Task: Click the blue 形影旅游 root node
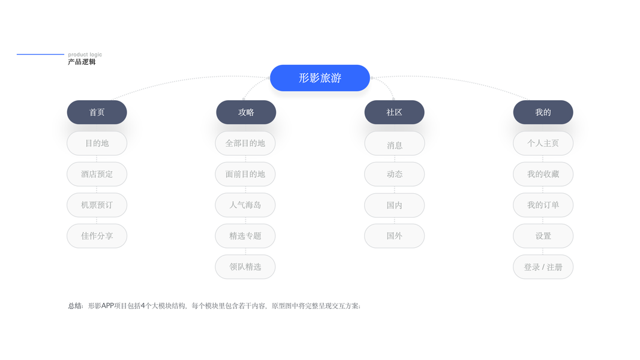[320, 78]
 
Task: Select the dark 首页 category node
[97, 112]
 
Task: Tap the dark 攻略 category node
[246, 112]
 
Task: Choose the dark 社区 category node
[394, 112]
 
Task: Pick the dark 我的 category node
[543, 112]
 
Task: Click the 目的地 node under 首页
[97, 143]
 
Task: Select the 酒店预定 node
[97, 174]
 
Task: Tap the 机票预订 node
[97, 205]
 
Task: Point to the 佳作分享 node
[97, 236]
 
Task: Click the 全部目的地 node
[245, 143]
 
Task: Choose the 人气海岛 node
[245, 205]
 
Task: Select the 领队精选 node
[245, 267]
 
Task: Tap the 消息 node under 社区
[394, 144]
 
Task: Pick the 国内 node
[394, 205]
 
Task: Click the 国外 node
[394, 236]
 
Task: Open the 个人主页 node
[543, 143]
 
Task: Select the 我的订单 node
[543, 205]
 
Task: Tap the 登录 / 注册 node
[543, 267]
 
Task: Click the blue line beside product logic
[40, 55]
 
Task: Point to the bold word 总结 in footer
[75, 306]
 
